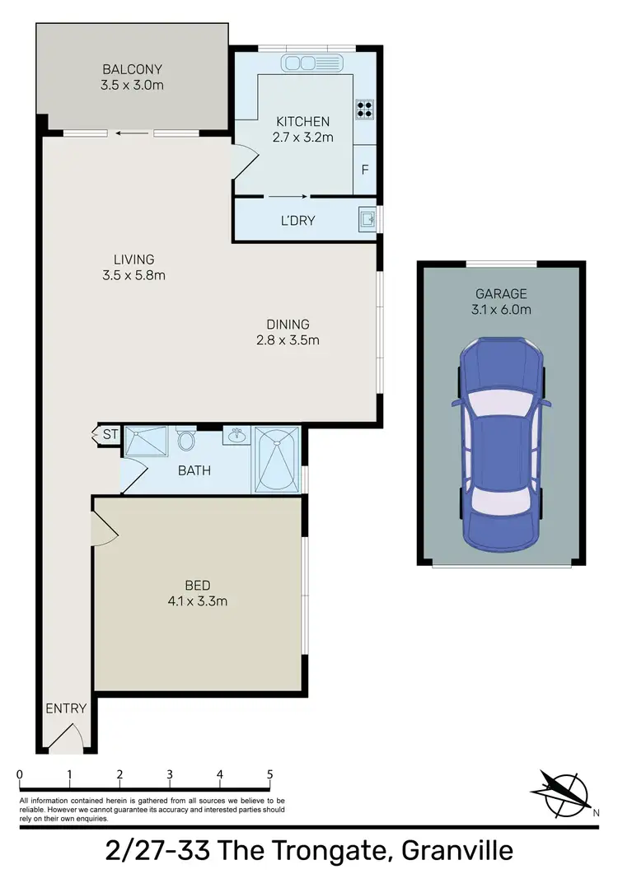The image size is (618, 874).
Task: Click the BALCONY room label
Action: tap(133, 69)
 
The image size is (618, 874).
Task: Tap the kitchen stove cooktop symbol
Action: tap(365, 109)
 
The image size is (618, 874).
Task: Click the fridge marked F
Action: tap(365, 171)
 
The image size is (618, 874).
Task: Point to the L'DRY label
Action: tap(297, 221)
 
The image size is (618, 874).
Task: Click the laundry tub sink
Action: tap(368, 220)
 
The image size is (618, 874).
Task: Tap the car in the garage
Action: tap(501, 444)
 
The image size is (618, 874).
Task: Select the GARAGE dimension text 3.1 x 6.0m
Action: tap(501, 310)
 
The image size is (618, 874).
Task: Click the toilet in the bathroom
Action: tap(186, 441)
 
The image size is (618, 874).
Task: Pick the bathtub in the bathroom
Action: tap(276, 459)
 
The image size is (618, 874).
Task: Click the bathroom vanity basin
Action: tap(236, 435)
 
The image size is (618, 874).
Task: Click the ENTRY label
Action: tap(65, 708)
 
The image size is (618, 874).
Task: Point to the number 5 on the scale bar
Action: tap(270, 774)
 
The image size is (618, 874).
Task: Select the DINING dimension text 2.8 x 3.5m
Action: tap(287, 339)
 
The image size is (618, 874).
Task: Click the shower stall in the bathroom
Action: tap(145, 442)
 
